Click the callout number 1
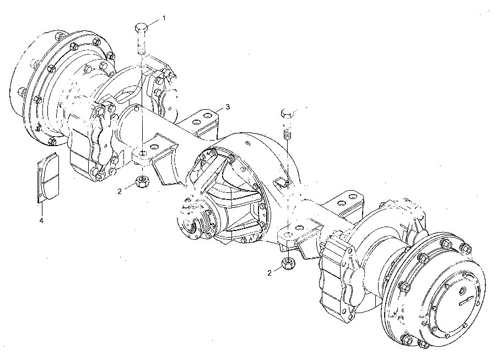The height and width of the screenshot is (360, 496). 164,18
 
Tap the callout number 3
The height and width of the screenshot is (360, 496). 228,107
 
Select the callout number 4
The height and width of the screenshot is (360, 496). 41,220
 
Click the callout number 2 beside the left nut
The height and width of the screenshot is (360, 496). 120,191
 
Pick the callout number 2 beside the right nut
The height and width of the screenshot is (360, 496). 269,273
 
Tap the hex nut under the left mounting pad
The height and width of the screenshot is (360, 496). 142,181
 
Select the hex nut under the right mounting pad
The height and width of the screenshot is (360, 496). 288,262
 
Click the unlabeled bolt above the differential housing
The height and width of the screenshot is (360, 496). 287,123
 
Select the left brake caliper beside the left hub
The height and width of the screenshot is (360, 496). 91,142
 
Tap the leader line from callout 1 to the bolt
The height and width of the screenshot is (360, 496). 154,22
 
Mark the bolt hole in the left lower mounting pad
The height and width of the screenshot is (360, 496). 143,153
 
